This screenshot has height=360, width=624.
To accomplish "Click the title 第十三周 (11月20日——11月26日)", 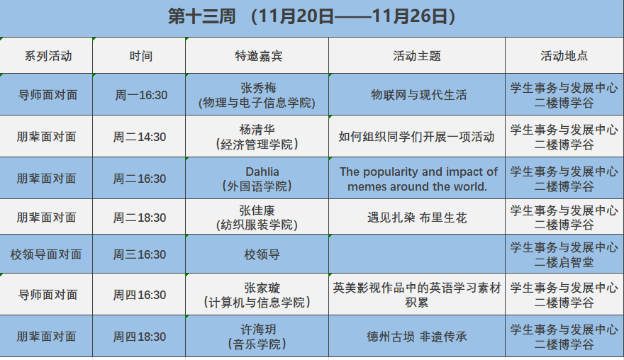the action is pos(311,17).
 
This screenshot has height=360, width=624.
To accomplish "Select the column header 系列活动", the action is pos(48,56).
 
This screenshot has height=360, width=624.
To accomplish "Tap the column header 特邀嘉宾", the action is pos(259,56).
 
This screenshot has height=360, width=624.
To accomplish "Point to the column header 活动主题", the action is pos(417,56).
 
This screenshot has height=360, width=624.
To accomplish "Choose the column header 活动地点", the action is pos(564,56).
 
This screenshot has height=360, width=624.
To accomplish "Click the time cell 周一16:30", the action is pos(141,95).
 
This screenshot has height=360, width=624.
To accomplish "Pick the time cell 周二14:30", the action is pos(140,137).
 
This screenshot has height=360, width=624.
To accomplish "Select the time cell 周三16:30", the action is pos(140,254).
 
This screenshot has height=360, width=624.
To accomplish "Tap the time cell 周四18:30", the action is pos(140,337).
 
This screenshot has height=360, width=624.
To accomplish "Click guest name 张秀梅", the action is pos(258,88).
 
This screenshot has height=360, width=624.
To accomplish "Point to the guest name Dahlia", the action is pos(262,171).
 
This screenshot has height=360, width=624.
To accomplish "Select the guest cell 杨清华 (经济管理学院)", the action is pos(257,137).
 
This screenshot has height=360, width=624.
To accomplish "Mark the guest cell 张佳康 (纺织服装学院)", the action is pos(257,218).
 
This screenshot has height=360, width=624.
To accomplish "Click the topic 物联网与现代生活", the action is pos(418,95).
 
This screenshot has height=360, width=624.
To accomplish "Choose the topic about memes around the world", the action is pos(418,179).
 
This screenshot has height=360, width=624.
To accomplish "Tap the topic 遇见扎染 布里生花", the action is pos(417,218).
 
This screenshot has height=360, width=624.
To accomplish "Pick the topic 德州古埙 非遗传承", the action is pos(417,337).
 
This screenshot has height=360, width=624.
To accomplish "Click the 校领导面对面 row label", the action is pos(46,254).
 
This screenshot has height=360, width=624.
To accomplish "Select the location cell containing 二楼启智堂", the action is pos(564,254).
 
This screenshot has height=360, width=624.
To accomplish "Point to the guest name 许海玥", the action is pos(258,330).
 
